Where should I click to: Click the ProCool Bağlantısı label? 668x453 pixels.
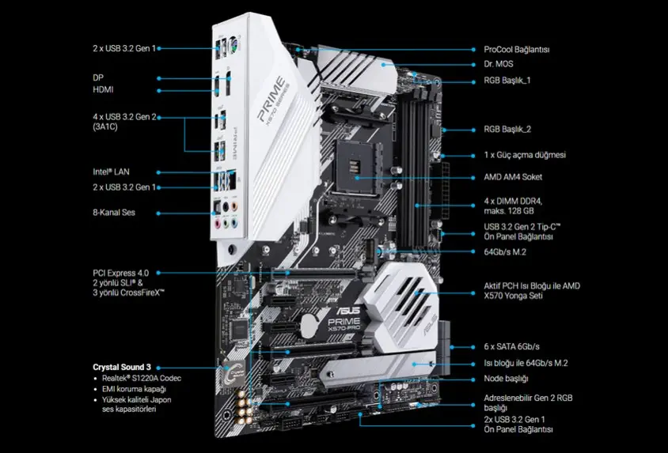click(516, 49)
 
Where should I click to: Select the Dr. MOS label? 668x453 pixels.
click(499, 64)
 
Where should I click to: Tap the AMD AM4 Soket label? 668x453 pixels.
click(513, 177)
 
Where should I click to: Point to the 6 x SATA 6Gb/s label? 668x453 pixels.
click(511, 346)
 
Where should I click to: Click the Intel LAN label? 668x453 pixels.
click(111, 172)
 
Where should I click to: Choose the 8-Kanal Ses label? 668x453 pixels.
click(114, 212)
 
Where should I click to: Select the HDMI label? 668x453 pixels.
click(103, 90)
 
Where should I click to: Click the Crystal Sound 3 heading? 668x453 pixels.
click(122, 367)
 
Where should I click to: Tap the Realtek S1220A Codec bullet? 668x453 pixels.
click(142, 378)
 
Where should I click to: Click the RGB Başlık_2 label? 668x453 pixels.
click(507, 130)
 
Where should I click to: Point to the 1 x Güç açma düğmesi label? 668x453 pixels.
click(525, 155)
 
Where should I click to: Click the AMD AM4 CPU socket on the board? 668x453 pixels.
click(357, 166)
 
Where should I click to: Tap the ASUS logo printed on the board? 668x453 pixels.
click(347, 311)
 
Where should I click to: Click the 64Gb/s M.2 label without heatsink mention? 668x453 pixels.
click(505, 252)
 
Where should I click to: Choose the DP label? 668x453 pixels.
click(98, 77)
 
